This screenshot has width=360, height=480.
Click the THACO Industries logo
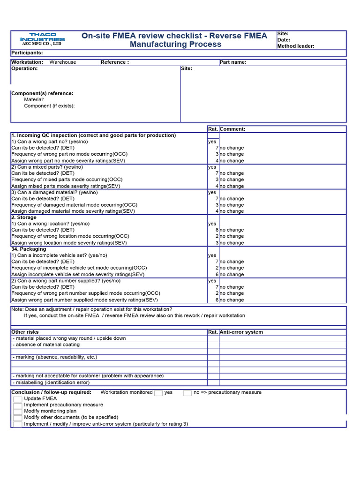pos(42,39)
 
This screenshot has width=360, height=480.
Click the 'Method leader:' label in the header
pos(296,46)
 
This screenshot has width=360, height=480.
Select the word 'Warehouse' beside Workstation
pos(63,62)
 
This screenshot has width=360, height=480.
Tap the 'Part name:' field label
pos(233,62)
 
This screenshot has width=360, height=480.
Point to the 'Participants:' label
pos(27,53)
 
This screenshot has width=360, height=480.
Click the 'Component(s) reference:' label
pos(42,93)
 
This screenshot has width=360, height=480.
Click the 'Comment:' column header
pos(232,129)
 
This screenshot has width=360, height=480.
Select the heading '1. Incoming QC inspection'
pos(93,135)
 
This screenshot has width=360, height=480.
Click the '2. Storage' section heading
pos(24,217)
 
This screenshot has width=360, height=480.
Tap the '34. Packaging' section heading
pos(29,249)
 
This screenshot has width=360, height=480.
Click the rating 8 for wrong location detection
pos(217,230)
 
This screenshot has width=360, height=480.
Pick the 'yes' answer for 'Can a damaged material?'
pos(212,192)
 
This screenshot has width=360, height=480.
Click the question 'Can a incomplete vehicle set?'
pos(59,255)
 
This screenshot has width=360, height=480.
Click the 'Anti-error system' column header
pos(241,332)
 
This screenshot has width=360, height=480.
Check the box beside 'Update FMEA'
pos(17,399)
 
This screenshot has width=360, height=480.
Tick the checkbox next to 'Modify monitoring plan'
pos(17,411)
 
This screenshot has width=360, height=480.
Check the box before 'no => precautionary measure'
pos(187,393)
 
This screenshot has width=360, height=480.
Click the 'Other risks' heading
pos(25,332)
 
